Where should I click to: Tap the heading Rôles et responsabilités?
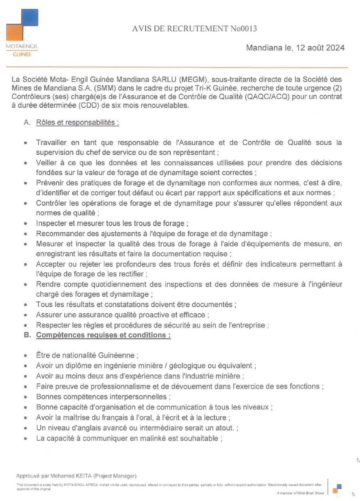(77, 123)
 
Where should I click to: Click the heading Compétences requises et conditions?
(103, 335)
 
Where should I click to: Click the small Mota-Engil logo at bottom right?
(337, 488)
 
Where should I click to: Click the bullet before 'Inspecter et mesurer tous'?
(26, 223)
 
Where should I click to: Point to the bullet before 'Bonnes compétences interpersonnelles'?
(26, 397)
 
